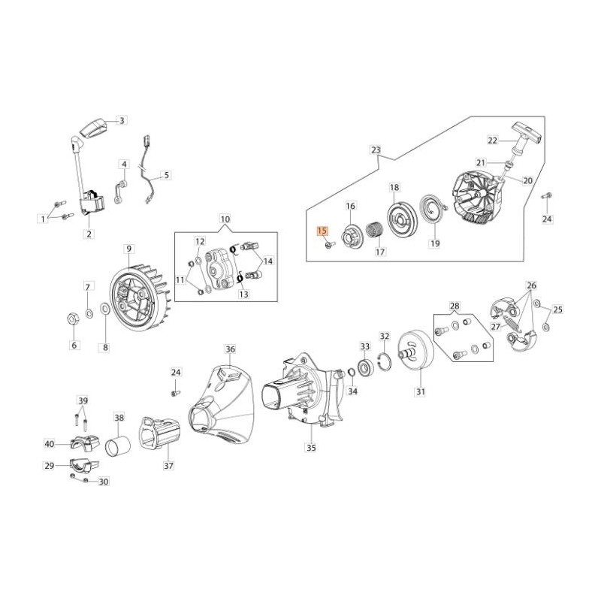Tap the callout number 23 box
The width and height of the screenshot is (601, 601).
(376, 150)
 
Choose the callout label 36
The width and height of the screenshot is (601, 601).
(230, 349)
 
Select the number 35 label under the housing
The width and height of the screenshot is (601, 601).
(311, 448)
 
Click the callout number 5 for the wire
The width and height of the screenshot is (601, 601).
(166, 175)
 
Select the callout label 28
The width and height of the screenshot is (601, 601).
(454, 307)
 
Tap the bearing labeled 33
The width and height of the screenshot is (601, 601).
(365, 367)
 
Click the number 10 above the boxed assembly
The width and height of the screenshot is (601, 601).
(225, 219)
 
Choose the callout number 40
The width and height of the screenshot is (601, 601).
(50, 444)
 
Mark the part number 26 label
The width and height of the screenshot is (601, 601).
(531, 285)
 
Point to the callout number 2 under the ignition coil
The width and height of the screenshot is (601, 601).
(89, 234)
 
